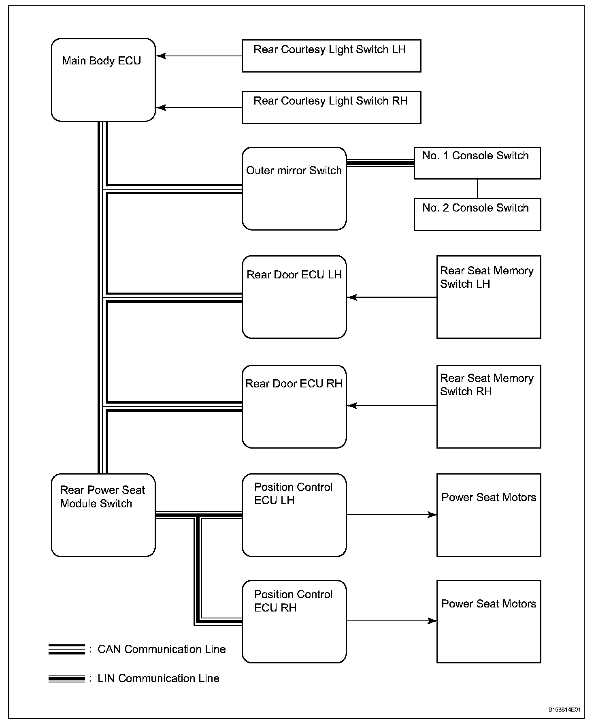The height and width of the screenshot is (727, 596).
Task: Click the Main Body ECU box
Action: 103,80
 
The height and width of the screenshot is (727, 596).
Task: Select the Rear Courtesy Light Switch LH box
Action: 331,56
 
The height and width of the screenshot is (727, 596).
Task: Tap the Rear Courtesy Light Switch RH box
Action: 331,107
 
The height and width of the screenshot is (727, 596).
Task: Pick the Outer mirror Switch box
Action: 294,188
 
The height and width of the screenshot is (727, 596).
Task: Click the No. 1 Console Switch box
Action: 477,163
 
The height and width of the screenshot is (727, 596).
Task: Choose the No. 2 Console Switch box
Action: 477,214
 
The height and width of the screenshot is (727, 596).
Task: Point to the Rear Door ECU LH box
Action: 294,297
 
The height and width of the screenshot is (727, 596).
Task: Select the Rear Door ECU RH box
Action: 294,406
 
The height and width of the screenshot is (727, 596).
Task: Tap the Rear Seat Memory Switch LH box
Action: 488,297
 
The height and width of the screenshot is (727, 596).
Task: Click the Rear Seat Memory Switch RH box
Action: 488,406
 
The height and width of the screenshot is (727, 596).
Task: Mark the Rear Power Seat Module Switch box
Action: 103,515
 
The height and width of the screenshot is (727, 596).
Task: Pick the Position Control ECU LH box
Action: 294,515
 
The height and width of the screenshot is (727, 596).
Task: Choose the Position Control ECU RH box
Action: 294,621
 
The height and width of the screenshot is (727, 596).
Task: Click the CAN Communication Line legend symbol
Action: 67,649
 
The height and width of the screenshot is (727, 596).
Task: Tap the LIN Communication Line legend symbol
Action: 67,678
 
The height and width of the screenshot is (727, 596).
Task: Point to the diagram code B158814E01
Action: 564,710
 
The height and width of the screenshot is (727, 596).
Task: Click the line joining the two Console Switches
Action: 477,188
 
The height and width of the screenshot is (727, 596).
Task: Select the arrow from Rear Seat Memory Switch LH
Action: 392,297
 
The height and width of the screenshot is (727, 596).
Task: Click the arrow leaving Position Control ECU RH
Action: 392,621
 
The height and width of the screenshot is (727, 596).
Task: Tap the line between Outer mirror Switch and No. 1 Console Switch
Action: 380,163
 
